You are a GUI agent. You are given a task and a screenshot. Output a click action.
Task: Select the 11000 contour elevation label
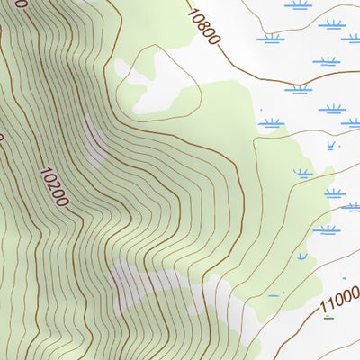(339, 301)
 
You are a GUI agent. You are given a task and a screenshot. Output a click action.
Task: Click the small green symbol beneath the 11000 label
(328, 317)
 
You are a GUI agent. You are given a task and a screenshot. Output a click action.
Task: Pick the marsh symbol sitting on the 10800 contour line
(298, 88)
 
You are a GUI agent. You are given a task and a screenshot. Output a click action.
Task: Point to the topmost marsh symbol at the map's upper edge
(300, 4)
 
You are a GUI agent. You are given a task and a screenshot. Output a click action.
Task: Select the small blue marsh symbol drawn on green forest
(299, 172)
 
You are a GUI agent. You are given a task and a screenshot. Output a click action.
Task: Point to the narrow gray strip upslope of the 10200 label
(94, 139)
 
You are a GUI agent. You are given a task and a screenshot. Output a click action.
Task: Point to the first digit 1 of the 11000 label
(324, 310)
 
